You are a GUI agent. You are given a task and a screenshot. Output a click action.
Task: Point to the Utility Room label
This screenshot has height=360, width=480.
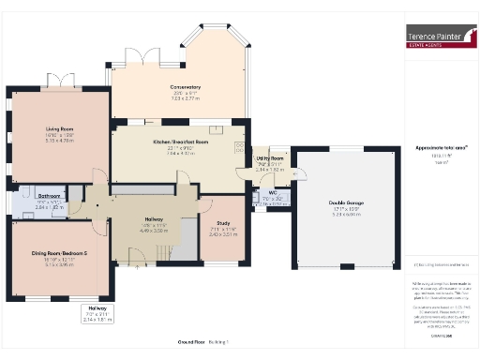click(270, 160)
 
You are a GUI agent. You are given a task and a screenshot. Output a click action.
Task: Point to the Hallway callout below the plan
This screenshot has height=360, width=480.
click(97, 307)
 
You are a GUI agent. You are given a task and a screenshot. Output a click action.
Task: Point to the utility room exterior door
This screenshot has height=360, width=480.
click(302, 174)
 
